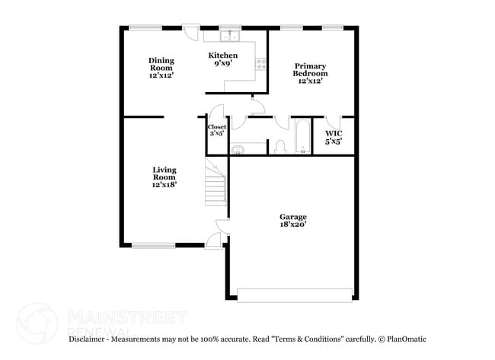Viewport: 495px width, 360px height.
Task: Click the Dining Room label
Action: tap(161, 68)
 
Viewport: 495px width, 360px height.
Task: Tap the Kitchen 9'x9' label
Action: tap(223, 59)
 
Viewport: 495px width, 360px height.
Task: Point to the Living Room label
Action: tap(164, 177)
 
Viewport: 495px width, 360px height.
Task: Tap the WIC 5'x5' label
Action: tap(334, 137)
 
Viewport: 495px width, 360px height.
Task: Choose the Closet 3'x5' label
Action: tap(217, 130)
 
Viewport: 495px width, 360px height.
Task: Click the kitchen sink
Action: tap(228, 35)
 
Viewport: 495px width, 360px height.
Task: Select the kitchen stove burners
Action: tap(260, 64)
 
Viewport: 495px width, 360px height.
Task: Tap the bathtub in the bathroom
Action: tap(302, 137)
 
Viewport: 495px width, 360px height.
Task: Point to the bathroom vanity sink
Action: tap(238, 148)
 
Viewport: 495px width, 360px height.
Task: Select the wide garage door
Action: tap(295, 294)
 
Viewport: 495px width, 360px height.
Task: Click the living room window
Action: tap(154, 245)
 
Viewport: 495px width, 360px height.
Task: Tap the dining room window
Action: tap(145, 27)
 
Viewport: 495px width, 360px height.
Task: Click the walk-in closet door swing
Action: tap(332, 122)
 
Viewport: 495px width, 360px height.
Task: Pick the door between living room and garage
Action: tap(222, 225)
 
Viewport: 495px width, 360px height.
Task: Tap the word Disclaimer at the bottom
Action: tap(89, 338)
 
